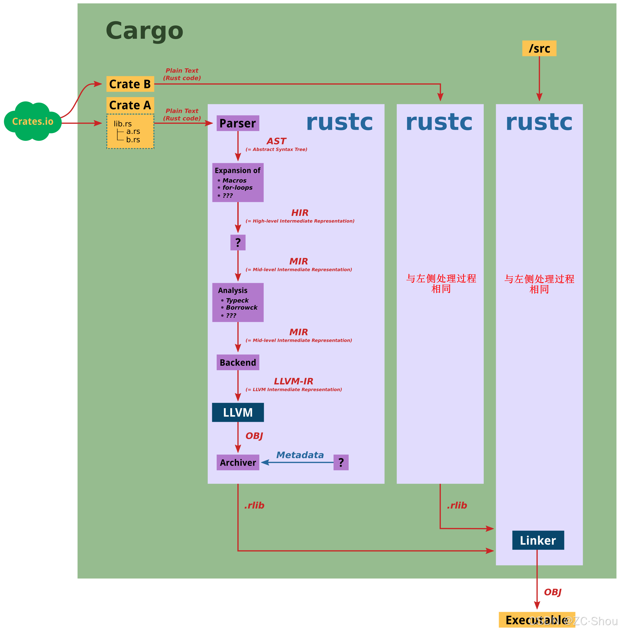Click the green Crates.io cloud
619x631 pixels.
point(33,121)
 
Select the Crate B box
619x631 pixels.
point(130,84)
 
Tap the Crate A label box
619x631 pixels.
point(130,105)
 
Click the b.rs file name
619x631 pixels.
point(133,140)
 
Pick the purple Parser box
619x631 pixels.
point(238,123)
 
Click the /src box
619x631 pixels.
point(539,49)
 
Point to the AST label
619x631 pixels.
point(276,141)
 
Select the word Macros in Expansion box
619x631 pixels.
point(234,180)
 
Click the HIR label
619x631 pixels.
point(299,213)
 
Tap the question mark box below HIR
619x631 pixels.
point(238,242)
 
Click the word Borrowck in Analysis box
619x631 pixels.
point(241,307)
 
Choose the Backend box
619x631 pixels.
point(238,362)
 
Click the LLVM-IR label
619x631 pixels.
point(293,381)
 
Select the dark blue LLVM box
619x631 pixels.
point(238,412)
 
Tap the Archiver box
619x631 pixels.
point(238,463)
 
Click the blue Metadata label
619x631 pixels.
point(300,455)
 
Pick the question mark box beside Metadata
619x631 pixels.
point(341,463)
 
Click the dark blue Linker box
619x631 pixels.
point(538,540)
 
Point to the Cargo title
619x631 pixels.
point(144,31)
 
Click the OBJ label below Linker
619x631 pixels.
point(553,592)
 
